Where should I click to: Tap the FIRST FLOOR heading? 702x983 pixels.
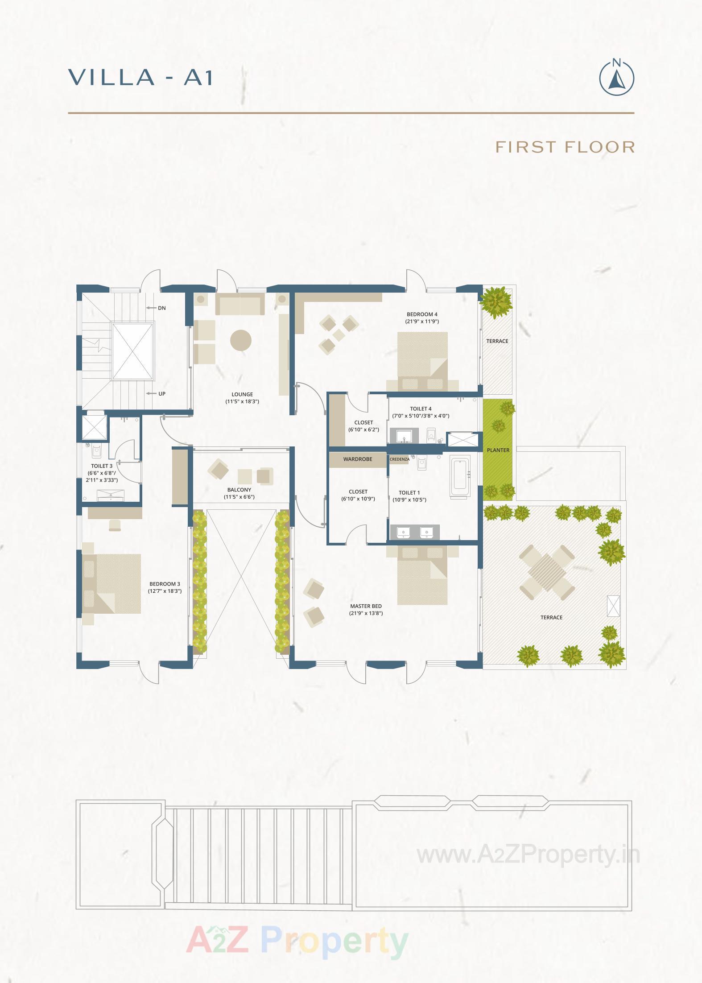click(565, 147)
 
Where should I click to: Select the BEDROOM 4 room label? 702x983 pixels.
click(422, 314)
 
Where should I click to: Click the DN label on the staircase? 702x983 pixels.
click(161, 308)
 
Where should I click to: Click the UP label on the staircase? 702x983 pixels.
click(162, 394)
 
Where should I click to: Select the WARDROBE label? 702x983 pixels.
click(357, 459)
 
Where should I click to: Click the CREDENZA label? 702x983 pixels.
click(398, 459)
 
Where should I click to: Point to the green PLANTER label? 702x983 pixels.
click(498, 450)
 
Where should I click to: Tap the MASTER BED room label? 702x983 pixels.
click(366, 606)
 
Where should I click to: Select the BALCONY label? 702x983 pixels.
click(239, 490)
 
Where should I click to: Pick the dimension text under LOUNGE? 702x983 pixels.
click(242, 401)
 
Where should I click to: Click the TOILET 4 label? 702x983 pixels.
click(421, 409)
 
